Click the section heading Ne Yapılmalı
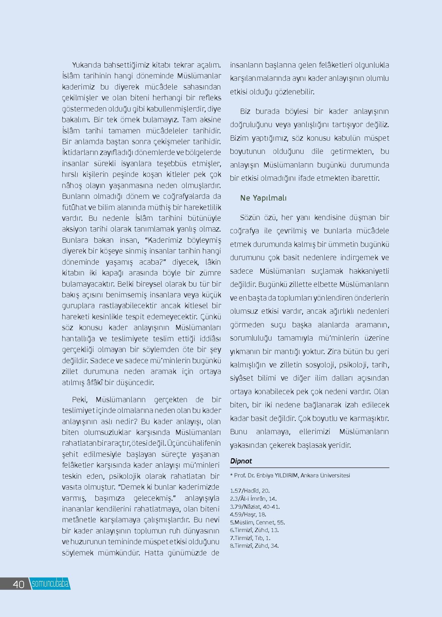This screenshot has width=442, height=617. [263, 198]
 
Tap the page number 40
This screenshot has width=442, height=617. [18, 584]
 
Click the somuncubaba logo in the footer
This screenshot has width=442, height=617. [50, 584]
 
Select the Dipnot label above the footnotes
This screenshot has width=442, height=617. [241, 461]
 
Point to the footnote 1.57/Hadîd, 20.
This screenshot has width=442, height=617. [250, 491]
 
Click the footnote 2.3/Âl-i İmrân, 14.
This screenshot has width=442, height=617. [253, 499]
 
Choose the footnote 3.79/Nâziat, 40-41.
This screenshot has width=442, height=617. [255, 507]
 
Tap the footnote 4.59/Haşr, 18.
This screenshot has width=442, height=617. [248, 514]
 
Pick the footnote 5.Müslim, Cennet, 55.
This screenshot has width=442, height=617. [258, 522]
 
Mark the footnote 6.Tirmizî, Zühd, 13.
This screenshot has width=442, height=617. [254, 530]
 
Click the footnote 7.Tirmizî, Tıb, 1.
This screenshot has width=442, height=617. [250, 538]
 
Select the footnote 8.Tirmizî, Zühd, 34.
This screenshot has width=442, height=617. [254, 546]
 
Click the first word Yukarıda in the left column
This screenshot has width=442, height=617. [86, 65]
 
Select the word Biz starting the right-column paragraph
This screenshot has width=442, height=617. [245, 112]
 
